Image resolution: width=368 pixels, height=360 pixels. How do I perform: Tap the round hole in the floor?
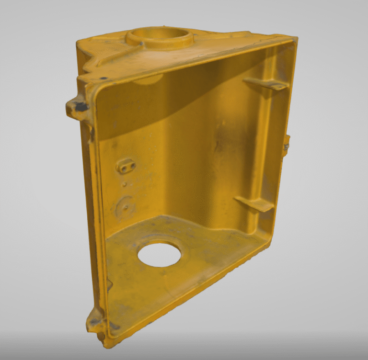(159, 255)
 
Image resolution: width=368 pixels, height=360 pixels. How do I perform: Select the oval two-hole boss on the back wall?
(126, 166)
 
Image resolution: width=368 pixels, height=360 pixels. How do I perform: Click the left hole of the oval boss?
(121, 168)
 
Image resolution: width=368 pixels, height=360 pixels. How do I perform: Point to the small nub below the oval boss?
(124, 183)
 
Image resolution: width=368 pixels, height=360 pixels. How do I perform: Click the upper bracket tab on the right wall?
(266, 84)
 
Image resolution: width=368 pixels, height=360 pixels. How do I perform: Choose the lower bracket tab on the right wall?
(254, 203)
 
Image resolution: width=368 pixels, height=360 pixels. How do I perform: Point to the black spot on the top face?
(103, 78)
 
